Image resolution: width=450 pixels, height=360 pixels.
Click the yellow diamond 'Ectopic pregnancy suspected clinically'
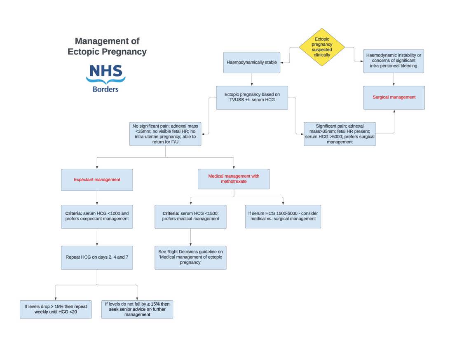click(321, 47)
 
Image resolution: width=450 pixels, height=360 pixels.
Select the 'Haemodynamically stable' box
click(252, 63)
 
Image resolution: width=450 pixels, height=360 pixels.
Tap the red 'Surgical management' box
click(394, 98)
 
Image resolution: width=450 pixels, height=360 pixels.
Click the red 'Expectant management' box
click(97, 180)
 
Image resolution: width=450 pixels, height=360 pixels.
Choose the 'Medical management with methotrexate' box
click(234, 179)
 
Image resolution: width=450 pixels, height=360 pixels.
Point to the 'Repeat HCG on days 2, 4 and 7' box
click(97, 257)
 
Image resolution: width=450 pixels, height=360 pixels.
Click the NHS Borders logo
click(106, 77)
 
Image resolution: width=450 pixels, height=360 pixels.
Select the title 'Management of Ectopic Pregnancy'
click(107, 46)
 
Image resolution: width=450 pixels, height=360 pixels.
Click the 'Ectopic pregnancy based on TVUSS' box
click(252, 98)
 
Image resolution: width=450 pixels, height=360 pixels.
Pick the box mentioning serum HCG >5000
click(340, 134)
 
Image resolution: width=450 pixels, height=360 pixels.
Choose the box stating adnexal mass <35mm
click(165, 134)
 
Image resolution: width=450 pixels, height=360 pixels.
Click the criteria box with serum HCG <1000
click(97, 216)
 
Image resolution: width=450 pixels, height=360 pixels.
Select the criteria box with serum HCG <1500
click(190, 216)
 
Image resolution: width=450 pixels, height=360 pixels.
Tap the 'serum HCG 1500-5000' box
click(283, 216)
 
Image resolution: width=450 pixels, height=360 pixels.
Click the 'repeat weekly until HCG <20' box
click(56, 309)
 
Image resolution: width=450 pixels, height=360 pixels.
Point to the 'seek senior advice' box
click(137, 309)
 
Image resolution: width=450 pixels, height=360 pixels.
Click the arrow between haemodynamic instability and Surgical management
click(394, 79)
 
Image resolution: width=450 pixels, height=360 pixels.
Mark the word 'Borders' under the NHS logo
click(106, 89)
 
